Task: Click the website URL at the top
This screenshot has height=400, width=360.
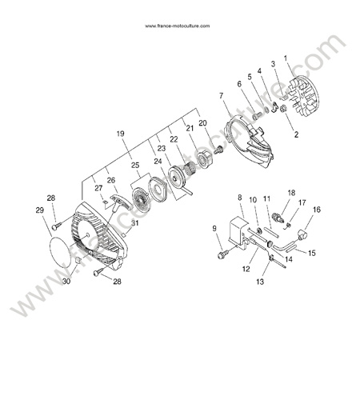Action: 178,26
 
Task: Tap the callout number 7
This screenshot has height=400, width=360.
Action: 221,95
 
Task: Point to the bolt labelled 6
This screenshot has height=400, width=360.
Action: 257,115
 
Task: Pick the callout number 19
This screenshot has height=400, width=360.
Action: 121,134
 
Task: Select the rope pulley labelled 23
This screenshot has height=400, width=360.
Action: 177,178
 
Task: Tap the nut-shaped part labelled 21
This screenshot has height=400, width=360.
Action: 206,158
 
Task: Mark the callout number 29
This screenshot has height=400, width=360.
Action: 40,210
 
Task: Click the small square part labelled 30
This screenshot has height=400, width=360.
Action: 78,260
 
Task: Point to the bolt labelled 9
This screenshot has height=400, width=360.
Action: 223,254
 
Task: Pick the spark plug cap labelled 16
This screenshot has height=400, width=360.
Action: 302,234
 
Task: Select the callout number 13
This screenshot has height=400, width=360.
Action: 260,282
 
